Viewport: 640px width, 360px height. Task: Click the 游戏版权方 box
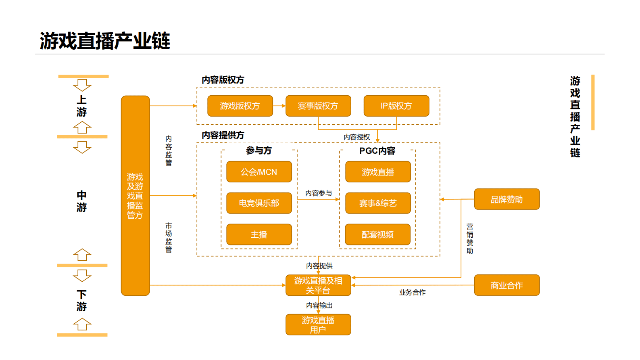click(240, 106)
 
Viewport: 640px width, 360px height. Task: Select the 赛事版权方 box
click(318, 106)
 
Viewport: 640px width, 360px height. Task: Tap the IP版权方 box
click(396, 106)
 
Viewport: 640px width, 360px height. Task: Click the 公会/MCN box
click(259, 172)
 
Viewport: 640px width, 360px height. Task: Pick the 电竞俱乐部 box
click(259, 203)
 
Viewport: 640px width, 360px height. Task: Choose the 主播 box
click(259, 234)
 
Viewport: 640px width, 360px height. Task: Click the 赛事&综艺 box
click(378, 203)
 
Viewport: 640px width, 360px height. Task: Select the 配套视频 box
click(377, 234)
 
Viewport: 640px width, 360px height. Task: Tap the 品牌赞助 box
click(507, 199)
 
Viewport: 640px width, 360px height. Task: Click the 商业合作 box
click(507, 285)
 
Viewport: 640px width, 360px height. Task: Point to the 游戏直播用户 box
click(318, 325)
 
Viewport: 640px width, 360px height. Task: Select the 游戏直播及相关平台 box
click(318, 285)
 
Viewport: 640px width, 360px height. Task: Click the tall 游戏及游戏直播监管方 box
click(135, 196)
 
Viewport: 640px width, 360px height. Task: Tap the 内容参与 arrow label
click(319, 193)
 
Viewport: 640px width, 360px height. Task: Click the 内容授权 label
click(356, 137)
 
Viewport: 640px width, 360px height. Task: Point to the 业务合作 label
click(412, 293)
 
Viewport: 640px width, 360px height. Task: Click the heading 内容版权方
click(223, 80)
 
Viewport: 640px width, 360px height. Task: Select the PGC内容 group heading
click(377, 151)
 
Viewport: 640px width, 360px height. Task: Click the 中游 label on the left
click(82, 201)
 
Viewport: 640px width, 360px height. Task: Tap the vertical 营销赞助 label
click(470, 239)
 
